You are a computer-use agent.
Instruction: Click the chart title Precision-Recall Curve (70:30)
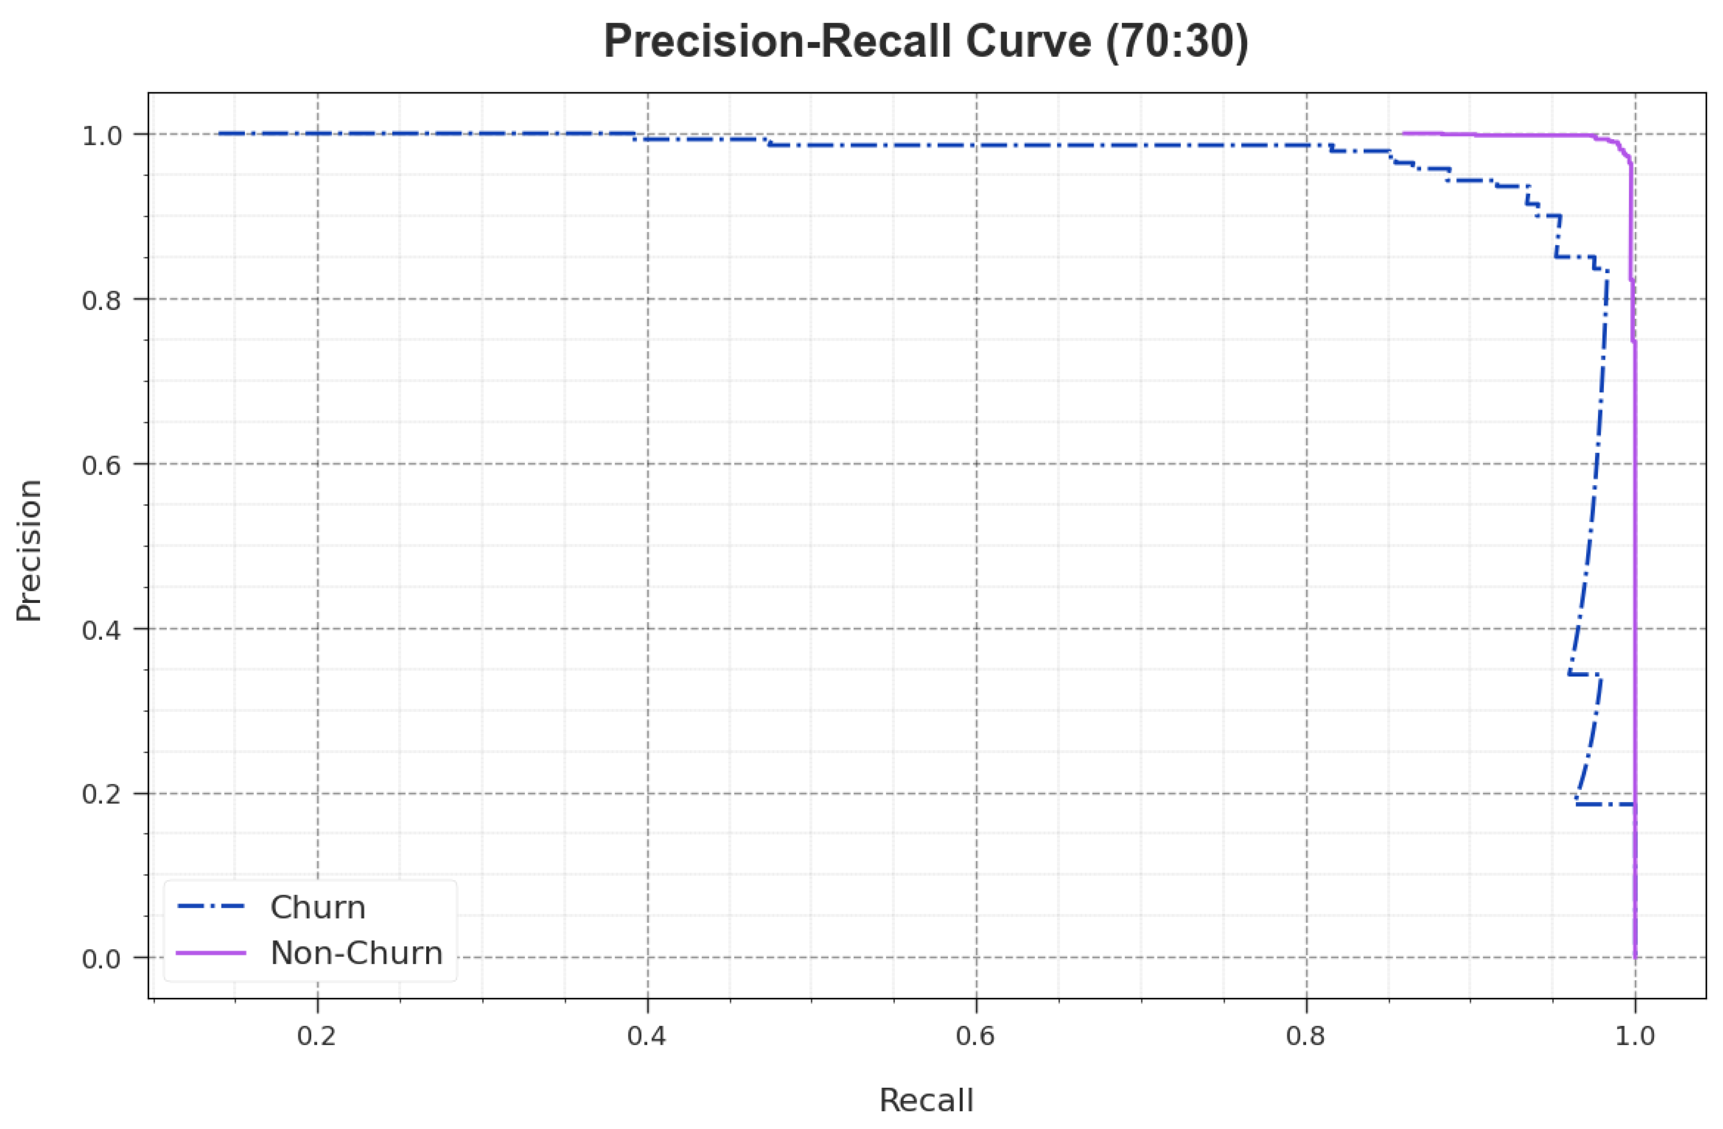point(926,42)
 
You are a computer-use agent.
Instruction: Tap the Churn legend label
point(318,908)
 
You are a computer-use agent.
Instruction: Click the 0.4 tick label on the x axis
point(647,1036)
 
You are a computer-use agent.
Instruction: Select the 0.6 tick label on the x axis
point(977,1036)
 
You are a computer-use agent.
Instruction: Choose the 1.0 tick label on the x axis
point(1636,1036)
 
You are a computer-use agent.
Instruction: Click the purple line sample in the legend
point(211,953)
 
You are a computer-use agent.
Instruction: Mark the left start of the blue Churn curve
point(219,133)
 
